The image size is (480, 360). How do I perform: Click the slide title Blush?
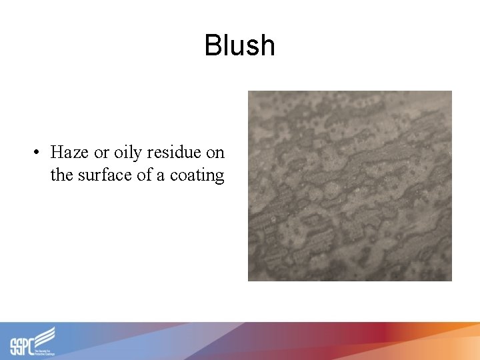[x=239, y=45]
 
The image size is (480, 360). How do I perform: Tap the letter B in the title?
[x=213, y=45]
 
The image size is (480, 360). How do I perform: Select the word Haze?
[x=69, y=152]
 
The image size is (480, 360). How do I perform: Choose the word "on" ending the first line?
[x=215, y=153]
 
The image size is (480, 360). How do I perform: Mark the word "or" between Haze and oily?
[x=101, y=153]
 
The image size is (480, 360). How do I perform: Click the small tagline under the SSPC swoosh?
[x=44, y=349]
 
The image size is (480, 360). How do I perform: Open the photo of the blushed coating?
[x=349, y=185]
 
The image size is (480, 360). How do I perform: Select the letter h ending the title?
[x=267, y=45]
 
